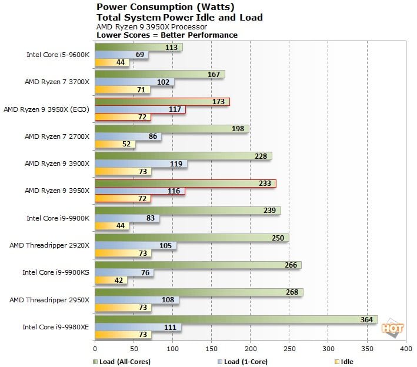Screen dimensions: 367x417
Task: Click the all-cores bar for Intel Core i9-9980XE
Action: pyautogui.click(x=235, y=319)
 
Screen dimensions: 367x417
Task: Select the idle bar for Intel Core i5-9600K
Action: pyautogui.click(x=112, y=62)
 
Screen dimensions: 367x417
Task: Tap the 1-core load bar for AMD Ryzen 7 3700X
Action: pyautogui.click(x=134, y=82)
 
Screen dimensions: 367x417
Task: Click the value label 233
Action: pyautogui.click(x=265, y=183)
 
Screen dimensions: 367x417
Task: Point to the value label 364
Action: pyautogui.click(x=366, y=319)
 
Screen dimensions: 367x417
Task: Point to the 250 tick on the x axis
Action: pyautogui.click(x=289, y=349)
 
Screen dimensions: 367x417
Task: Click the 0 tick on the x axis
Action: pyautogui.click(x=95, y=349)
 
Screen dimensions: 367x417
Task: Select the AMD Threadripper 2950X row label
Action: pyautogui.click(x=49, y=299)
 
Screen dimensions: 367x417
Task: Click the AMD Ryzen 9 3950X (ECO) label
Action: pyautogui.click(x=46, y=109)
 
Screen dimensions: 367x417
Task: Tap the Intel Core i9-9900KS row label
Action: pyautogui.click(x=56, y=272)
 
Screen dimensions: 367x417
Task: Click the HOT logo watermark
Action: pyautogui.click(x=392, y=327)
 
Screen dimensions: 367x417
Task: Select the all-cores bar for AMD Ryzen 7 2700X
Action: pyautogui.click(x=171, y=129)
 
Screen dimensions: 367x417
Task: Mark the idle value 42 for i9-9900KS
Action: pyautogui.click(x=119, y=281)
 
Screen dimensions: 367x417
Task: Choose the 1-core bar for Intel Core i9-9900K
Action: pyautogui.click(x=126, y=218)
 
